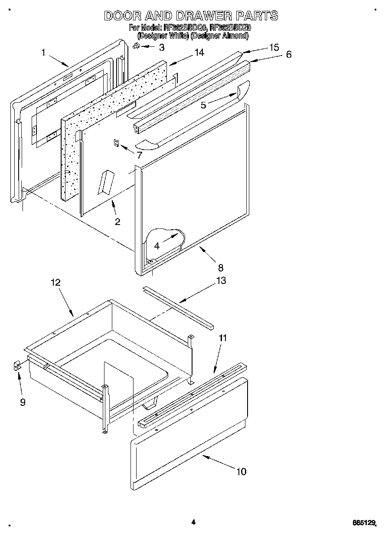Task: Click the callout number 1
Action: (44, 52)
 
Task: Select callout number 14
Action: (199, 52)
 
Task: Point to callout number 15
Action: (274, 48)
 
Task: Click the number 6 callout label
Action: (288, 55)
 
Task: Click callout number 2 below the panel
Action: (117, 222)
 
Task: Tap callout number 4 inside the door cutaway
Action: (157, 245)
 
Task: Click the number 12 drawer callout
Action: (55, 282)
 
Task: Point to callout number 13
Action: (221, 281)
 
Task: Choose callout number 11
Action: (222, 338)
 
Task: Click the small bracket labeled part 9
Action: (16, 367)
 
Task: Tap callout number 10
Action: (241, 471)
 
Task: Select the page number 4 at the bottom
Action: (193, 522)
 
